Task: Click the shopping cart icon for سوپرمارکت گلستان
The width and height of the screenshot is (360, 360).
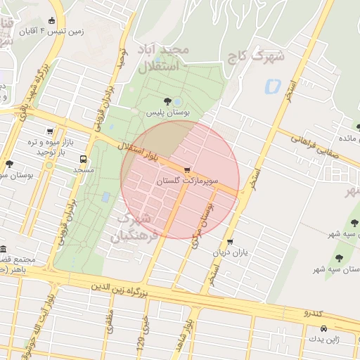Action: [x=186, y=170]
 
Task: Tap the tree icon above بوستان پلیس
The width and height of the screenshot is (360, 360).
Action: [x=167, y=101]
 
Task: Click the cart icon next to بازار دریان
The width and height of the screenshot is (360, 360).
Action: [x=230, y=242]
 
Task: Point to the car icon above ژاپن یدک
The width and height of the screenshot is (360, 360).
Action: [x=323, y=329]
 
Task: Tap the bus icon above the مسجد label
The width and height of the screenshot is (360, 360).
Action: [x=84, y=160]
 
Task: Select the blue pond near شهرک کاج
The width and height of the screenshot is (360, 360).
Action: [x=272, y=86]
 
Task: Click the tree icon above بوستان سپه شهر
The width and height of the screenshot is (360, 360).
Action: [x=340, y=258]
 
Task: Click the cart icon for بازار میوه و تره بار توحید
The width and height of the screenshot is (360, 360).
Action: [x=50, y=131]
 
